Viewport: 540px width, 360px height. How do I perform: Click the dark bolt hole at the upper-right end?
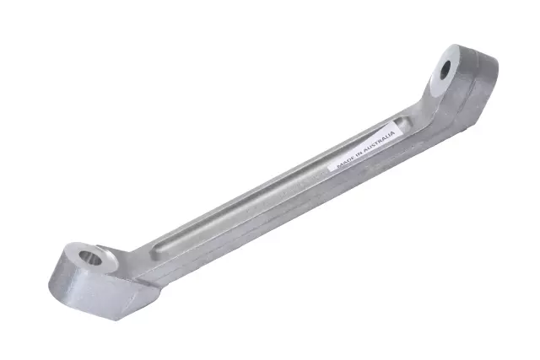click(x=445, y=69)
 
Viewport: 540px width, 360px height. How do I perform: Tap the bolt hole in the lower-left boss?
click(x=90, y=258)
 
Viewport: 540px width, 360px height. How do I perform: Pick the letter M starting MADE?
click(x=339, y=165)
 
